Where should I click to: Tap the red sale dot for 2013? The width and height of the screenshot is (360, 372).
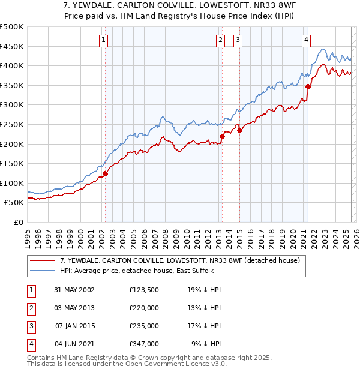pyautogui.click(x=222, y=136)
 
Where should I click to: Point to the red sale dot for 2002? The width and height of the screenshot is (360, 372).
pyautogui.click(x=105, y=174)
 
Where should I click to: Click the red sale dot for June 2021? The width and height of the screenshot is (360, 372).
pyautogui.click(x=308, y=86)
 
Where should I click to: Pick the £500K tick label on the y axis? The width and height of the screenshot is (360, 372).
pyautogui.click(x=12, y=27)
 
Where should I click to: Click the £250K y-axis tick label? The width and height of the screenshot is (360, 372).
pyautogui.click(x=12, y=124)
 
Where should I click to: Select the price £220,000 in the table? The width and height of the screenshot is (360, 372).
pyautogui.click(x=144, y=308)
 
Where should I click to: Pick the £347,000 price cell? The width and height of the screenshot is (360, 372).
pyautogui.click(x=144, y=344)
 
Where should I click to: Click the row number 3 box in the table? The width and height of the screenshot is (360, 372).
pyautogui.click(x=31, y=326)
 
